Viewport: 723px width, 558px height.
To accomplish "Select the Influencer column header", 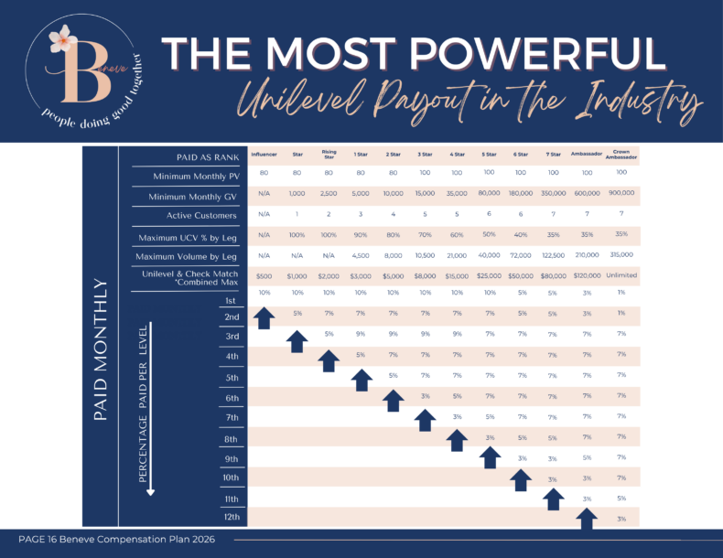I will [264, 155].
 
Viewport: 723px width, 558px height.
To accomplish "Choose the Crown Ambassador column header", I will [621, 154].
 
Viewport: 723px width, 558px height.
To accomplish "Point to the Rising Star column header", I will [329, 154].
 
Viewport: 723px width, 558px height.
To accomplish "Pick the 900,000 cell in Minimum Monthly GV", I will [621, 194].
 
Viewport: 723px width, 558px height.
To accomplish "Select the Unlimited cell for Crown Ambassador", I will [621, 274].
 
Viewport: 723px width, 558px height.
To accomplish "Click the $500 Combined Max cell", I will [264, 275].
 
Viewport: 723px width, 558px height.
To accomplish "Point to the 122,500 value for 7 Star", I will [552, 255].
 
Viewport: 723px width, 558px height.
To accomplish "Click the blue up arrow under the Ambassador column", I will [587, 519].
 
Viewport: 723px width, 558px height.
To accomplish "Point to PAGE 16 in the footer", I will [44, 542].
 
